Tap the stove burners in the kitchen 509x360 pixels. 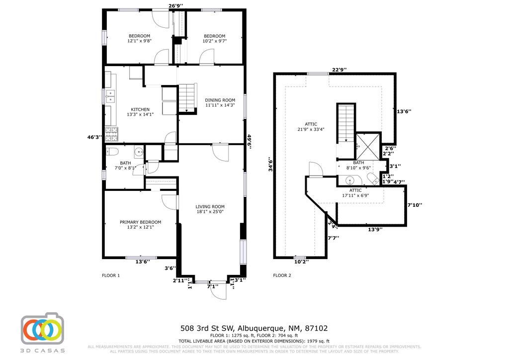click(111, 133)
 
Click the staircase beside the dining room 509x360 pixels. click(187, 97)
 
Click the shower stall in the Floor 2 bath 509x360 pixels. click(368, 145)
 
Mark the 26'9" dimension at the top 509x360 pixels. click(175, 6)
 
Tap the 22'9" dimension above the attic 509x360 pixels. click(339, 70)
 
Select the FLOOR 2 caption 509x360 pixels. click(282, 275)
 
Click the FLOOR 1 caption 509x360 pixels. click(110, 275)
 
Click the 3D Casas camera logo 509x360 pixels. click(42, 329)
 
